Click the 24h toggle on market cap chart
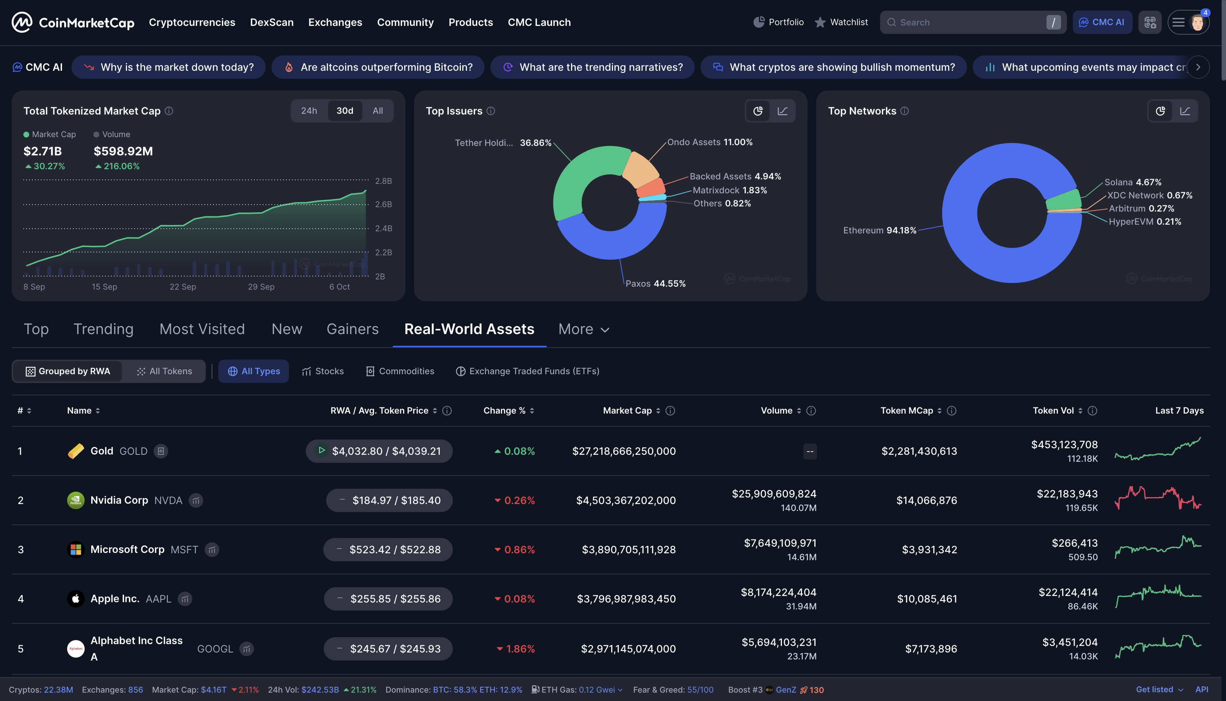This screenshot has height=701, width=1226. pyautogui.click(x=309, y=111)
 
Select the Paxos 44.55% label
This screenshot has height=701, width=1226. pyautogui.click(x=655, y=284)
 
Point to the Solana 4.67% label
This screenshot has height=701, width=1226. pyautogui.click(x=1132, y=182)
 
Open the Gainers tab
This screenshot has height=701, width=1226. pyautogui.click(x=352, y=329)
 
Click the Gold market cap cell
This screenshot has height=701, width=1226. pyautogui.click(x=624, y=451)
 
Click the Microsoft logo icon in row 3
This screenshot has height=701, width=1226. pyautogui.click(x=76, y=549)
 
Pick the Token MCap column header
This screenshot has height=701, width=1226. pyautogui.click(x=907, y=411)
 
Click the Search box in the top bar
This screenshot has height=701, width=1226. pyautogui.click(x=968, y=22)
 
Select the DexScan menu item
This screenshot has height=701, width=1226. pyautogui.click(x=271, y=22)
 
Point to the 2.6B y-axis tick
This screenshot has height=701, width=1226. pyautogui.click(x=383, y=205)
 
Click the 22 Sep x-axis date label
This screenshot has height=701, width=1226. pyautogui.click(x=182, y=287)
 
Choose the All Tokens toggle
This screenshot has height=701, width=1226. pyautogui.click(x=164, y=371)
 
